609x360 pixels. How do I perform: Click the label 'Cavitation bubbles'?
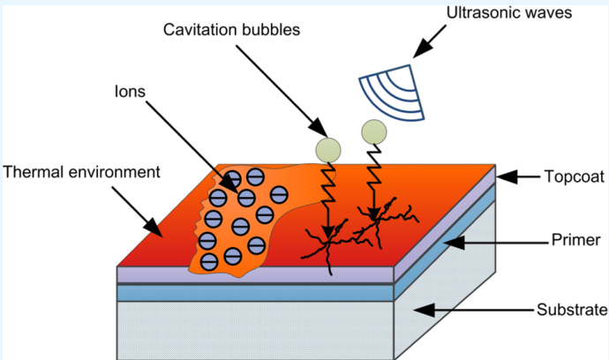click(232, 30)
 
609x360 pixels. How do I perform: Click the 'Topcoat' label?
click(573, 176)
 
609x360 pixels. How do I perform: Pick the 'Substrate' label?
click(572, 310)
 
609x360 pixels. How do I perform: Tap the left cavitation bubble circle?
click(327, 148)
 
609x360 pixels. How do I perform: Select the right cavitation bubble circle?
click(373, 132)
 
